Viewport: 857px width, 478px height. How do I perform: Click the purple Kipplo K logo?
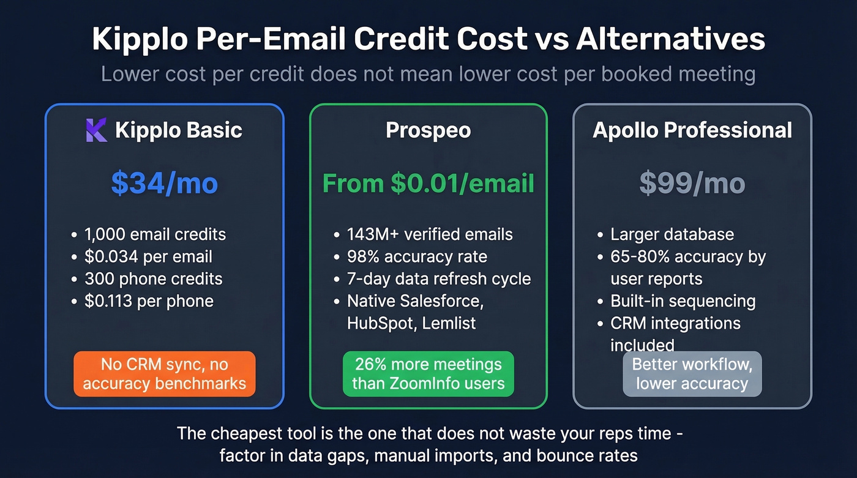(x=96, y=130)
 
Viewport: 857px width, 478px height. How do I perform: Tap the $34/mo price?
(x=164, y=184)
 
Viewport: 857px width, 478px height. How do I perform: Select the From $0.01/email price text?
(x=428, y=184)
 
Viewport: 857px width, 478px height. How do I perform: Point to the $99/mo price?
(x=692, y=184)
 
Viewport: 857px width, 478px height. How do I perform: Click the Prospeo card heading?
(x=428, y=130)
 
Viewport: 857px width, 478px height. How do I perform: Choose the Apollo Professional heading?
(x=692, y=130)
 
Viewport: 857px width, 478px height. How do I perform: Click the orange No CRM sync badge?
(x=164, y=374)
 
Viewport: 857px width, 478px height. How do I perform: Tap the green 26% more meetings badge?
(x=428, y=374)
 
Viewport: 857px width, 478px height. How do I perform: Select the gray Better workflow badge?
(x=692, y=374)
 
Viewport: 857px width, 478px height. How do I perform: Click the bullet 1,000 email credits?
(x=155, y=234)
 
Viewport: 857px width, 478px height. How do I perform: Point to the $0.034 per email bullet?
(x=149, y=256)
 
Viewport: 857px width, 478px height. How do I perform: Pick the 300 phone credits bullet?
(x=154, y=278)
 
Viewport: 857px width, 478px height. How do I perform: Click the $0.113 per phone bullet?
(x=149, y=301)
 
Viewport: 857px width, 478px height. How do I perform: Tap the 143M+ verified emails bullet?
(x=430, y=234)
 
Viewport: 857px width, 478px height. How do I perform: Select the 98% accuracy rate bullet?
(x=417, y=256)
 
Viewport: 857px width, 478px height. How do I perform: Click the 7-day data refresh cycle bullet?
(x=438, y=278)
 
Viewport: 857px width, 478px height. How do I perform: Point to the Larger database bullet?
(x=672, y=234)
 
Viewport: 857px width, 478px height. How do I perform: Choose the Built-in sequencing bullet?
(x=683, y=301)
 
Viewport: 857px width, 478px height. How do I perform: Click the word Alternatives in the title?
(x=670, y=39)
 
